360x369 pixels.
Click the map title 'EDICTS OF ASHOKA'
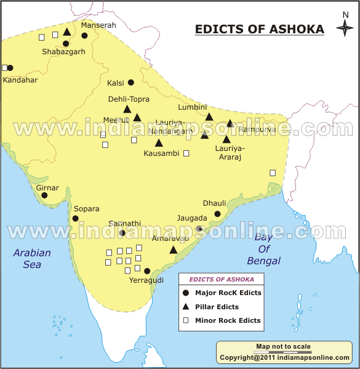tap(259, 30)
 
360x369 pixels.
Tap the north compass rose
tap(345, 28)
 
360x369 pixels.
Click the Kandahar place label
tap(20, 80)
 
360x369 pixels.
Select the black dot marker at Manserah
tap(85, 35)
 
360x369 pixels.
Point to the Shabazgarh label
tap(63, 52)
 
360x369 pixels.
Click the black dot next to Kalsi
tap(131, 83)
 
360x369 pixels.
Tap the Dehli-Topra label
tap(129, 99)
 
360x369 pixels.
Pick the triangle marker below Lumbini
tap(209, 116)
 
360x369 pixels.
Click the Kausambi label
tap(161, 153)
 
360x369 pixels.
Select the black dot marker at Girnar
tap(44, 195)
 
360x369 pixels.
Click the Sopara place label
tap(86, 209)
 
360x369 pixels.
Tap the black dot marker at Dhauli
tap(218, 214)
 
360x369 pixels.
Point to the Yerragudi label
tap(146, 280)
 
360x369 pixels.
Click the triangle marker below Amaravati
tap(174, 249)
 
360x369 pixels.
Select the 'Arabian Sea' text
tap(33, 259)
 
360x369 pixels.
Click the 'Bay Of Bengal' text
tap(263, 249)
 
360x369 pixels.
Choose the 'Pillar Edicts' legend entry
tap(217, 307)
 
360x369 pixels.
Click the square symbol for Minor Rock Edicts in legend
tap(185, 320)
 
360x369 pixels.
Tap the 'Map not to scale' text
tap(283, 347)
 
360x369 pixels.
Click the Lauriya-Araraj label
tap(230, 152)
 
